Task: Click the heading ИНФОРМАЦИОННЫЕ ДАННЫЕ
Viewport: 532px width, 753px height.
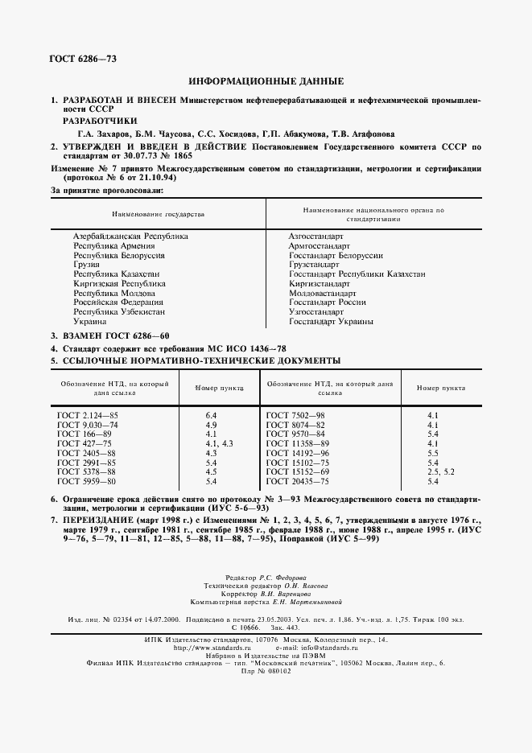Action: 266,81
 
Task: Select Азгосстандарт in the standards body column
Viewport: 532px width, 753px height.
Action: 315,236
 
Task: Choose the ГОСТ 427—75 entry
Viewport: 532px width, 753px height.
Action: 81,443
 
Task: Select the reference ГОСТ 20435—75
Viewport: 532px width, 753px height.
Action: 298,481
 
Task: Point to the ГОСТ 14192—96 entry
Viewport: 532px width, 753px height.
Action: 298,453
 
